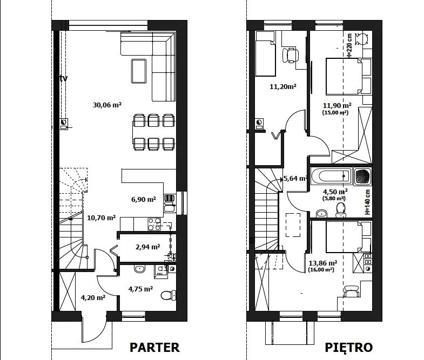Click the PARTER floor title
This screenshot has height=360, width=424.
(154, 347)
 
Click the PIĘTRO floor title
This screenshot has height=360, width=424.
(348, 348)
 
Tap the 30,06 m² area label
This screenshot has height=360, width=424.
(107, 105)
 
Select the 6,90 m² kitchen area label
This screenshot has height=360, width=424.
(144, 200)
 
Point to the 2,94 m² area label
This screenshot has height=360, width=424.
(147, 247)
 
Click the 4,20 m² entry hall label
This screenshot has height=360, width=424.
(93, 297)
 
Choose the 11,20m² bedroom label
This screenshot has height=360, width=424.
(283, 86)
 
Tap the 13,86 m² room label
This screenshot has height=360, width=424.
(323, 263)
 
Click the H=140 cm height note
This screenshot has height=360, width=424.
(367, 202)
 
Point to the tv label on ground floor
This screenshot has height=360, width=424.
(64, 78)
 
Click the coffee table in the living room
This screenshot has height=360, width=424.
(139, 71)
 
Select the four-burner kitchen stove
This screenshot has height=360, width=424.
(154, 225)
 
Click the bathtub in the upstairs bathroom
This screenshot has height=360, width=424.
(331, 176)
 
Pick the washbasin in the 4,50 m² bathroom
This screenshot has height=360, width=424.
(321, 214)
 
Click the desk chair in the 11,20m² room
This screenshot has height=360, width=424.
(291, 56)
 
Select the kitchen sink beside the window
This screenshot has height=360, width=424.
(170, 203)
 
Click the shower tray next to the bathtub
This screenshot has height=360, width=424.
(362, 176)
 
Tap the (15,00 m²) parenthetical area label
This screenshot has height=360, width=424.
(335, 112)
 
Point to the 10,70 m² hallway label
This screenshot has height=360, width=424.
(102, 218)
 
